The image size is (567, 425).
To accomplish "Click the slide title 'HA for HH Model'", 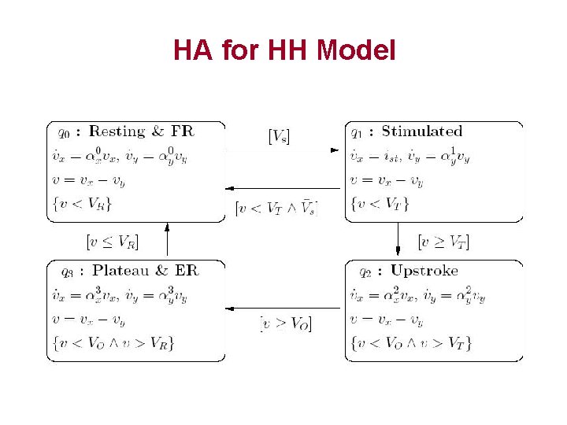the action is tap(283, 52).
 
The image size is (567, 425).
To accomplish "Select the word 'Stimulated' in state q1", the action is tap(421, 131).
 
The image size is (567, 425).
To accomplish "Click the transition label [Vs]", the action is tap(280, 137).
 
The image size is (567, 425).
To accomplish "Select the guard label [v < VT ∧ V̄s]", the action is tap(276, 208).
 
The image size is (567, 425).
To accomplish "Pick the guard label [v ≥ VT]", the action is tap(443, 242).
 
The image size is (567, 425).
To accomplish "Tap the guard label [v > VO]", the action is tap(286, 323).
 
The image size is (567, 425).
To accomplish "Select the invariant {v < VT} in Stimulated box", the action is tap(381, 204).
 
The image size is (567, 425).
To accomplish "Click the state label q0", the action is tap(65, 133).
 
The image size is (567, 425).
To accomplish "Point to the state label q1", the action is tap(357, 133).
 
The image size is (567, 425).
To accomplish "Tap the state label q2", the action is tap(365, 272).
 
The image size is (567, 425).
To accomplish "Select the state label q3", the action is tap(68, 272).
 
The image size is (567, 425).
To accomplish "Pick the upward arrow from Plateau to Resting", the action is tap(166, 241).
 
